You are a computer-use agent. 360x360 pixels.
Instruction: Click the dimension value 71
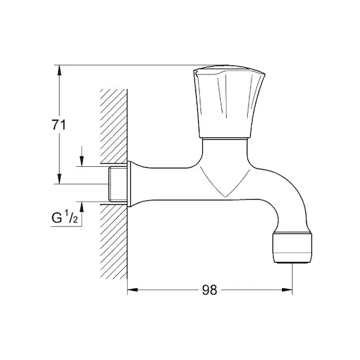pos(59,125)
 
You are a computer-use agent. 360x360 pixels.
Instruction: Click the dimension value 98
pos(209,290)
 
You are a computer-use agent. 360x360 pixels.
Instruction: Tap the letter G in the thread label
pos(56,218)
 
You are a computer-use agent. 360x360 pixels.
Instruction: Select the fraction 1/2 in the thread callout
pos(71,217)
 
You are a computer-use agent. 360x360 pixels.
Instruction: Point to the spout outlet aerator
pos(292,248)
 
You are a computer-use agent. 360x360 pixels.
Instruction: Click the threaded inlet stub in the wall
pos(118,184)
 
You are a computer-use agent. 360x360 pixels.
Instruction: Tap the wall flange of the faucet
pos(129,184)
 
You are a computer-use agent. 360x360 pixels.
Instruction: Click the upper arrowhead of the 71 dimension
pos(59,70)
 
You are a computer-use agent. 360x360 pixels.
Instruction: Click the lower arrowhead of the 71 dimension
pos(59,179)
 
